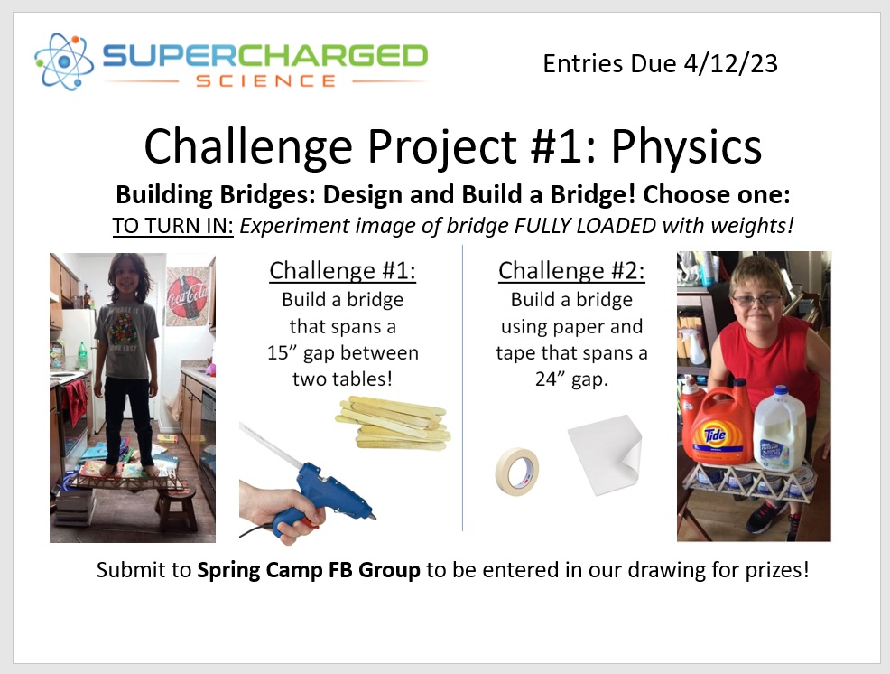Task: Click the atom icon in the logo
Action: tap(63, 61)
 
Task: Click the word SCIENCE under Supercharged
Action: tap(266, 80)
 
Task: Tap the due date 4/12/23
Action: tap(730, 63)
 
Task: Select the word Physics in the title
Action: tap(686, 147)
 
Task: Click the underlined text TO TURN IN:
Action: tap(172, 226)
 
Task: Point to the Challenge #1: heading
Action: tap(342, 270)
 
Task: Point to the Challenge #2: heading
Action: tap(571, 270)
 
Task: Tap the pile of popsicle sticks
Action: tap(394, 424)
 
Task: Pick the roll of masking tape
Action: tap(516, 471)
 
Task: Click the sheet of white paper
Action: tap(605, 454)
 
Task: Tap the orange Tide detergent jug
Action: tap(717, 425)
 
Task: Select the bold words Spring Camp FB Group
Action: tap(309, 569)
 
